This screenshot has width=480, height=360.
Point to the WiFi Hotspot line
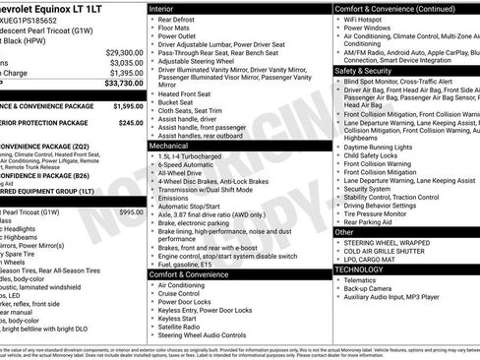pyautogui.click(x=366, y=19)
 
